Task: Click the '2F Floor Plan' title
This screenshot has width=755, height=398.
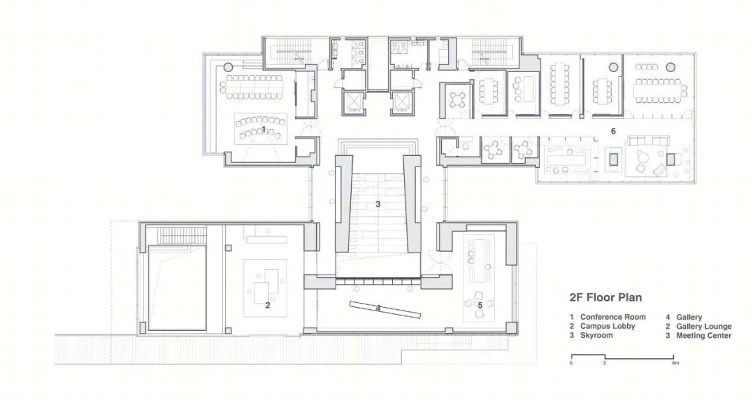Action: (x=605, y=297)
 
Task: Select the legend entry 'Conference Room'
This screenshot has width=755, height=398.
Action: (x=613, y=317)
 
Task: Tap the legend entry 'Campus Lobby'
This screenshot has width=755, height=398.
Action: (x=607, y=326)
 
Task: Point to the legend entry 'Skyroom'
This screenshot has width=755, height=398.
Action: (x=596, y=335)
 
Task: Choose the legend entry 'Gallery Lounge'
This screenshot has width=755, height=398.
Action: (x=704, y=326)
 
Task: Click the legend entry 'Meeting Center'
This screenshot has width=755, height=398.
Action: (x=704, y=335)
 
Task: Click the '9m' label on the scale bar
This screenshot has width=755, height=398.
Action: (x=676, y=363)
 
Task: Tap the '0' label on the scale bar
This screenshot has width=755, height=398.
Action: (x=571, y=363)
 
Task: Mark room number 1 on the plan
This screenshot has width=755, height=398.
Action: (x=264, y=129)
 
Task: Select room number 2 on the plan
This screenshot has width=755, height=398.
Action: (x=268, y=305)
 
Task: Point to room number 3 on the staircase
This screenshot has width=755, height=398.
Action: (x=378, y=204)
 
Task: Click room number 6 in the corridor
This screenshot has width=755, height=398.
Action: (x=613, y=131)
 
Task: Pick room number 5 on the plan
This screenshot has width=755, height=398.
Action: (x=480, y=305)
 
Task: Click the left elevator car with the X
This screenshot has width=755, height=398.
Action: (x=354, y=101)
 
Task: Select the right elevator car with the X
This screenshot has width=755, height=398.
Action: (x=401, y=101)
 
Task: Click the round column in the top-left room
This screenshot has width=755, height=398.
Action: (x=228, y=67)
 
